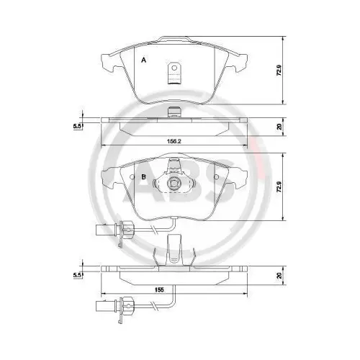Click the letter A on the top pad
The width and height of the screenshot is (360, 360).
[x=143, y=60]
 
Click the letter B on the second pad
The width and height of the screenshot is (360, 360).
[x=143, y=177]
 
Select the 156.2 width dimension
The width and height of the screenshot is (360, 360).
[x=174, y=141]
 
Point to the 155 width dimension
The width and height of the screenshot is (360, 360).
[x=159, y=289]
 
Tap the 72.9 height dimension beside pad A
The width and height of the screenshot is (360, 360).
[x=279, y=70]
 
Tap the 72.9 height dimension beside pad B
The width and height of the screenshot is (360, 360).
[x=279, y=186]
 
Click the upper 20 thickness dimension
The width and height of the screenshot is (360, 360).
[x=279, y=127]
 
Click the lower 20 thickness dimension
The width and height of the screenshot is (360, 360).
[x=279, y=275]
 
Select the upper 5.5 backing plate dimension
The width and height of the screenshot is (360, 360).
[x=76, y=126]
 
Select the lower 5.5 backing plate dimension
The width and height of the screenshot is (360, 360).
[x=76, y=275]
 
